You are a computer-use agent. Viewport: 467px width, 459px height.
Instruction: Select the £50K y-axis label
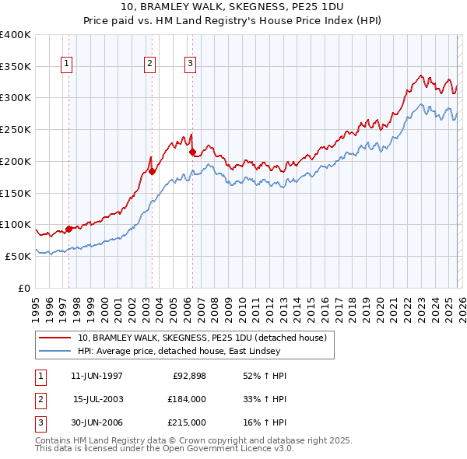pos(18,256)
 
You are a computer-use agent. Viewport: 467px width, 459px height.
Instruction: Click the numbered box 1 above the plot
pos(67,65)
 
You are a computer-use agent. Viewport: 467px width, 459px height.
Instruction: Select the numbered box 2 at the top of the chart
pos(149,65)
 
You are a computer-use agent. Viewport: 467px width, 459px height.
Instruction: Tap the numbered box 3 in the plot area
pos(190,65)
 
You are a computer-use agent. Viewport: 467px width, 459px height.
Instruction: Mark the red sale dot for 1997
pos(68,229)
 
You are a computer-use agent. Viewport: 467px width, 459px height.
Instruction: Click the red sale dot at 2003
pos(152,171)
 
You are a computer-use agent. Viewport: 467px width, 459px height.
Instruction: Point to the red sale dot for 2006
pos(192,152)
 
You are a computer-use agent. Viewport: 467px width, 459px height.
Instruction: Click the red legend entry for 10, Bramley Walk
pos(206,338)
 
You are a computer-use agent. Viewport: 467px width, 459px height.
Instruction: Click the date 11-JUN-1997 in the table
pos(97,376)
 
